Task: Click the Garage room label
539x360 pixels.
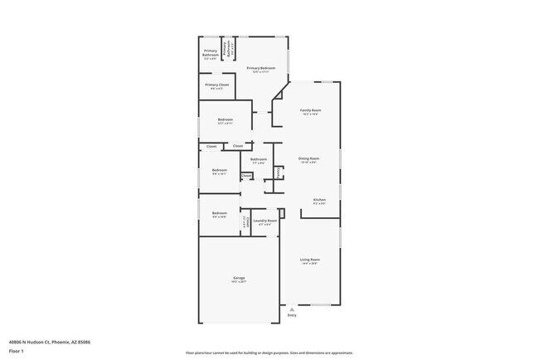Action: [237, 278]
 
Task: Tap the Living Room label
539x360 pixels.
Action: [310, 260]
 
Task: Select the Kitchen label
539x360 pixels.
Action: [319, 199]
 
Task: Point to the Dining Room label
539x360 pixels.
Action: [308, 158]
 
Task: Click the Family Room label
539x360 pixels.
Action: [310, 109]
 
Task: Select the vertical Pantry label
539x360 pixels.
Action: [279, 173]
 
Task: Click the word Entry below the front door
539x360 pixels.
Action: [291, 315]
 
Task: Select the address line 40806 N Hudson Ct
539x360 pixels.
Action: [50, 340]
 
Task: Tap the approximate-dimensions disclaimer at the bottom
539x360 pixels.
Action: [269, 353]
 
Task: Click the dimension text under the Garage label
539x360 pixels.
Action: [237, 282]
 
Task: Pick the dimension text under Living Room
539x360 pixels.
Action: [310, 264]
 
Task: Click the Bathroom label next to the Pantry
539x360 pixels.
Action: [259, 158]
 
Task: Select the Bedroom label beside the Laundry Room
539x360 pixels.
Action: [219, 212]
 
